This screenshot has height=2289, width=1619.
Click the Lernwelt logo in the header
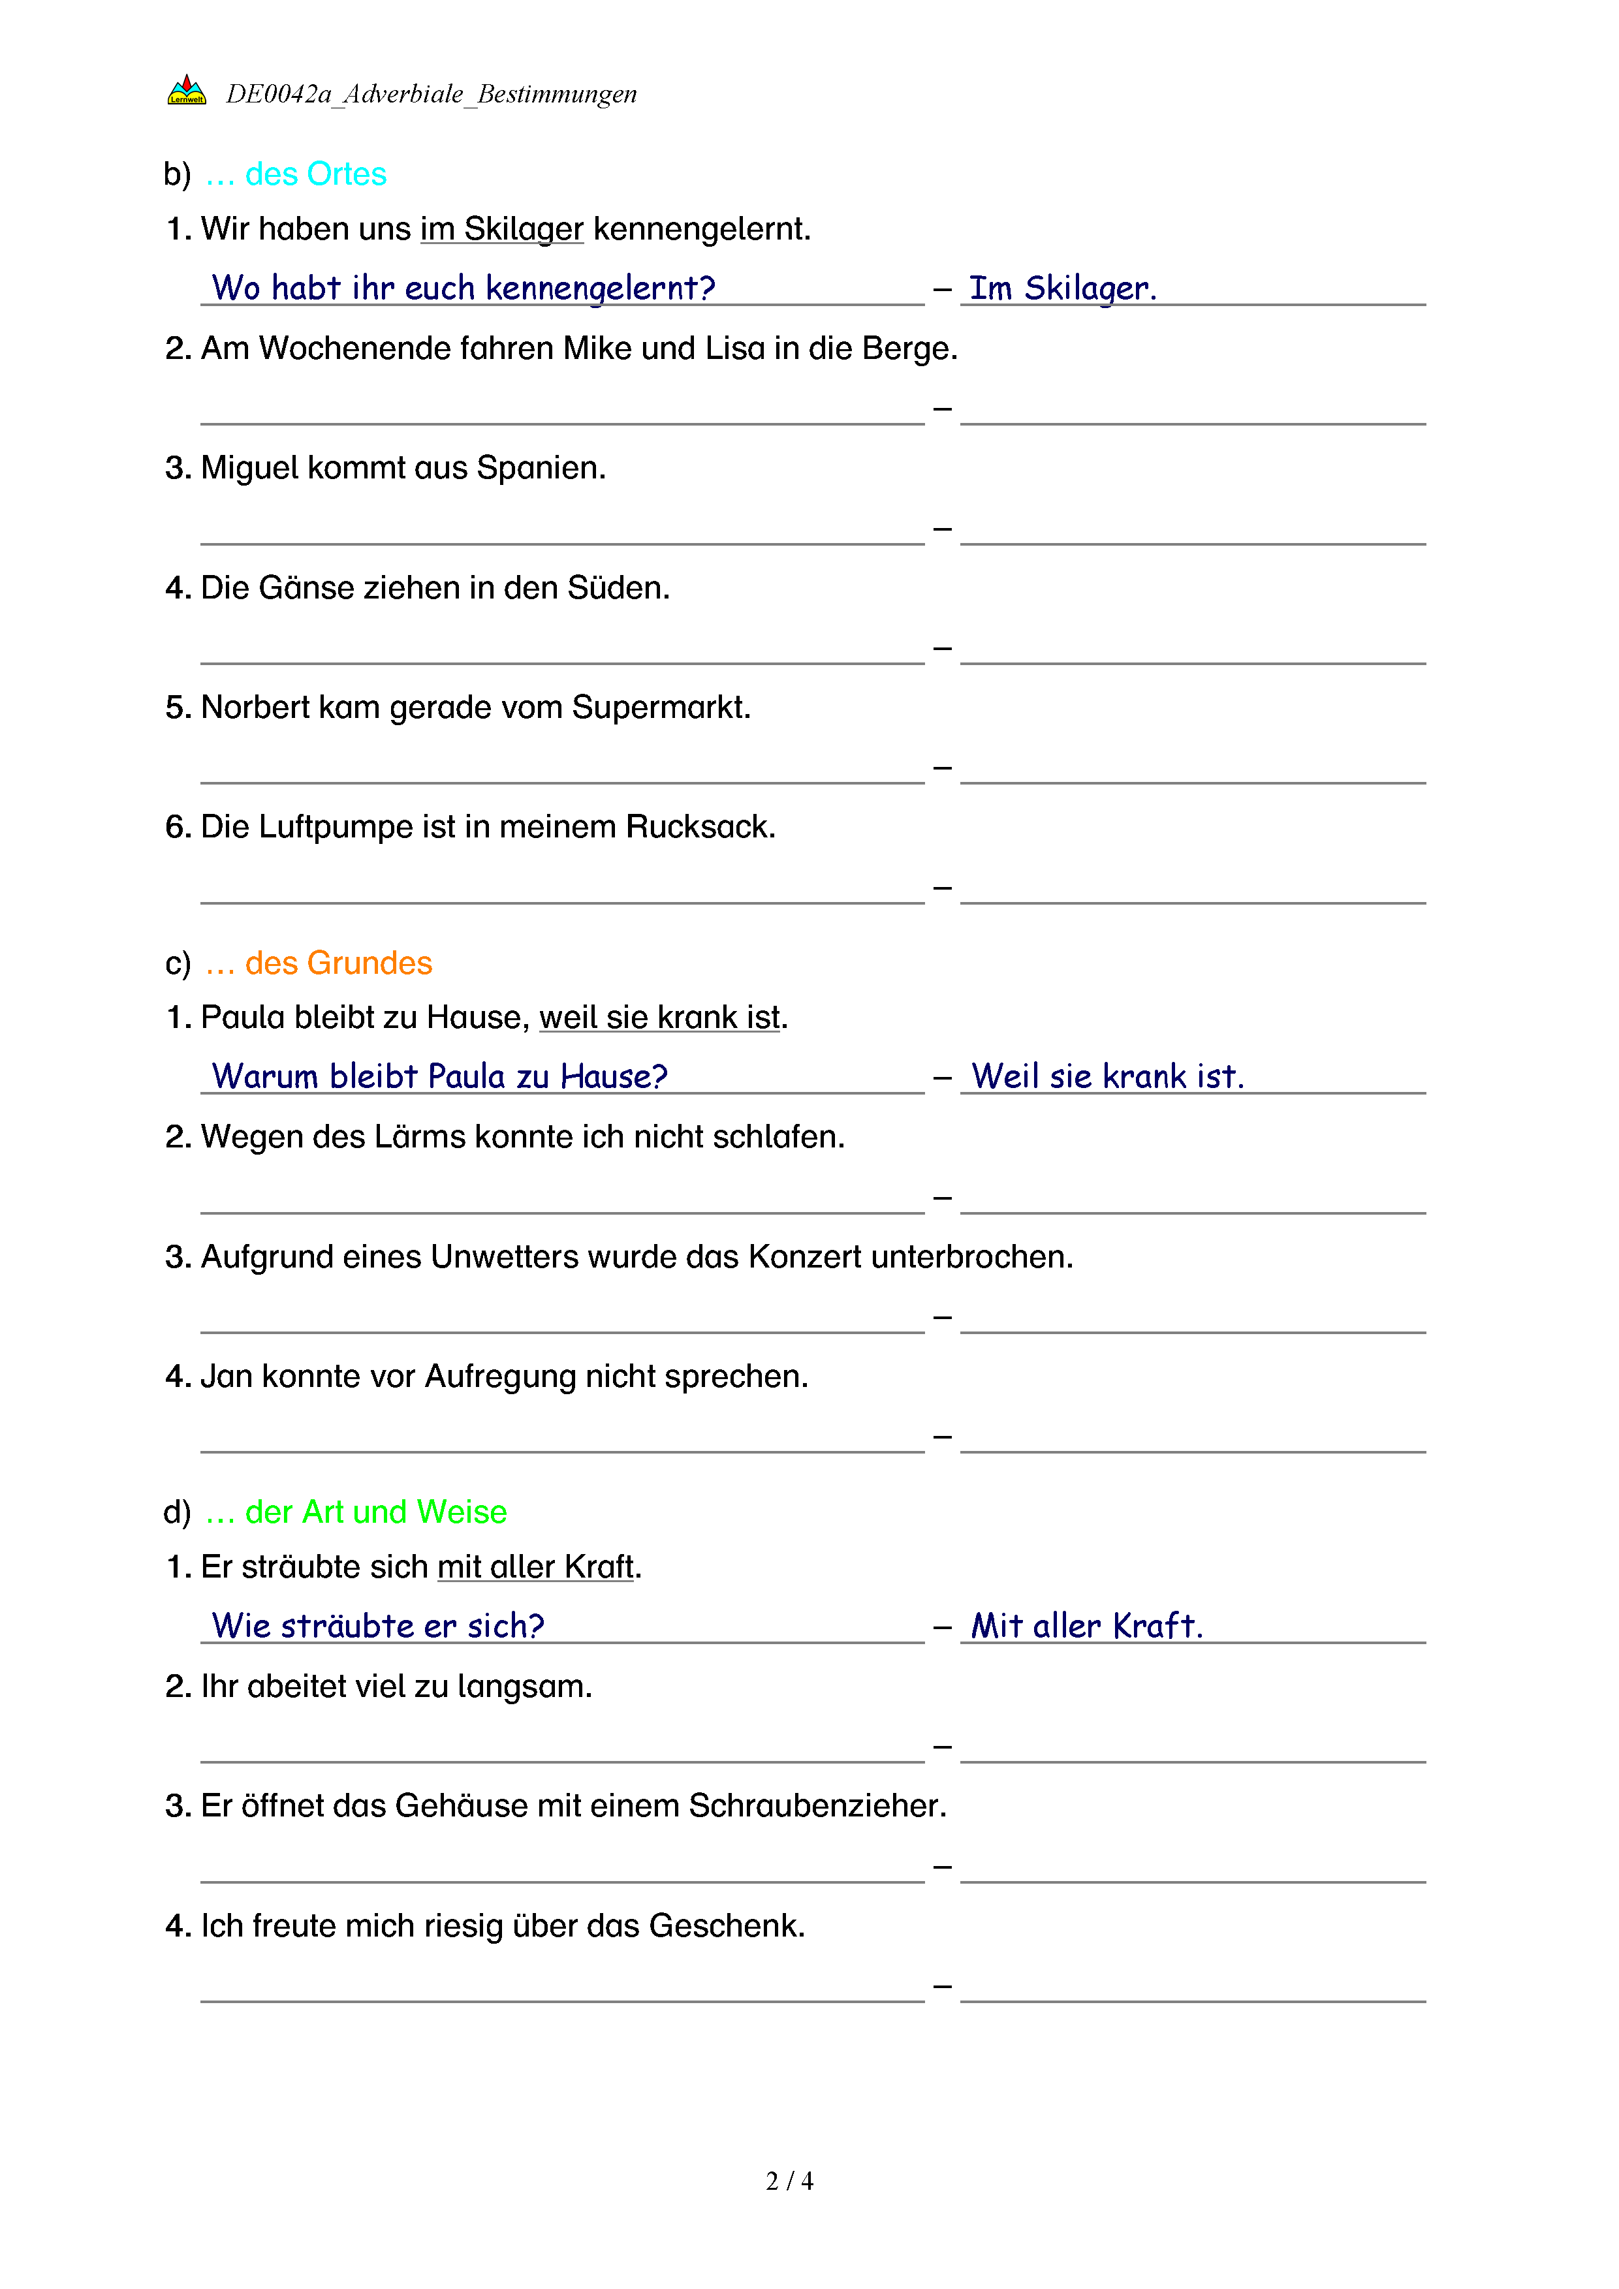pyautogui.click(x=187, y=91)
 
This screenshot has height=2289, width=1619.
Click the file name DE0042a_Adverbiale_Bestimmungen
pyautogui.click(x=431, y=94)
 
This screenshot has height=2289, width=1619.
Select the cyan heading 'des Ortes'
pyautogui.click(x=315, y=174)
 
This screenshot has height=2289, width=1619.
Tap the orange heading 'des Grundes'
pyautogui.click(x=338, y=963)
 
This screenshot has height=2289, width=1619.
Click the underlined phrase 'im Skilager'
pyautogui.click(x=501, y=229)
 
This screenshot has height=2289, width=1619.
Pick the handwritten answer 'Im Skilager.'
pyautogui.click(x=1063, y=288)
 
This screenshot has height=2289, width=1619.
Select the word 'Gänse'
pyautogui.click(x=306, y=588)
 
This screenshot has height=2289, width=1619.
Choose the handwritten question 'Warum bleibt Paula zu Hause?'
pyautogui.click(x=439, y=1077)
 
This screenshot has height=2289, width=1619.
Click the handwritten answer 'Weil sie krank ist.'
pyautogui.click(x=1108, y=1077)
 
